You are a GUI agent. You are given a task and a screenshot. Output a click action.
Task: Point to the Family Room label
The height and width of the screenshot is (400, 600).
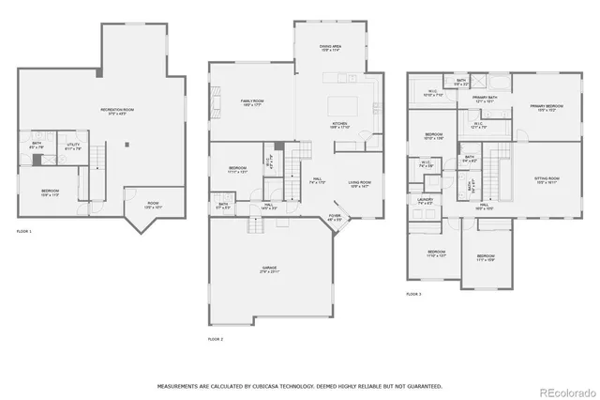point(251,102)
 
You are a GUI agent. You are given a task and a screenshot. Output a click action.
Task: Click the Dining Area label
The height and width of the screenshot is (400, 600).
point(329,46)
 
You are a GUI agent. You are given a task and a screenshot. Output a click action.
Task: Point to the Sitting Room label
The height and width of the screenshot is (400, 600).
point(547,179)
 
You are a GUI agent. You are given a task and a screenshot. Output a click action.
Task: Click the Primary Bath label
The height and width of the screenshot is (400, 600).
point(484,98)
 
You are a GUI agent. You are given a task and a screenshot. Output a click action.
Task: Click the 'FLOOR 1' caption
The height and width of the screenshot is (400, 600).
point(23,231)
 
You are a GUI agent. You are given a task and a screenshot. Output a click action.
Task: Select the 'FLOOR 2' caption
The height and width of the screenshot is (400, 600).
point(216,338)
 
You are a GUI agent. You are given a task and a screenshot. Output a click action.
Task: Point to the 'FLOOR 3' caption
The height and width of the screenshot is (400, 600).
point(413,295)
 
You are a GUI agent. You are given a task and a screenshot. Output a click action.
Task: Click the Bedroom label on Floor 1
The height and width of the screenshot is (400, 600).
point(50,192)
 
